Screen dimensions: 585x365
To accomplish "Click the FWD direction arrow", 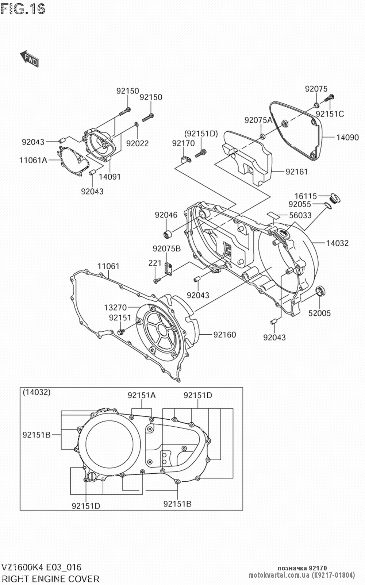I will coord(29,59).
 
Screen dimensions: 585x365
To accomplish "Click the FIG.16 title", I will coord(23,9).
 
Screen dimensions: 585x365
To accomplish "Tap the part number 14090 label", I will coord(347,138).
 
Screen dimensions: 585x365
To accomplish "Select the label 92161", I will coord(296,172).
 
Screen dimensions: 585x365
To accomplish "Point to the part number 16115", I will coord(306,196).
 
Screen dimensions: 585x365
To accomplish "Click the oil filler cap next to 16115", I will coord(335,197).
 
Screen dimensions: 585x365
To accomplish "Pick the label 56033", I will coord(300,215).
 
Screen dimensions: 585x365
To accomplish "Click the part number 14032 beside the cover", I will coord(337,243).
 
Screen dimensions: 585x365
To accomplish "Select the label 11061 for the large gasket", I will coord(108,266).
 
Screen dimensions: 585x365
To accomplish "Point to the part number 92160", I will coord(224,335).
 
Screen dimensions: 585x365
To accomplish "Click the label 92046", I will coord(166,215).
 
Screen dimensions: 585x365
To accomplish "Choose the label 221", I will coord(155,263).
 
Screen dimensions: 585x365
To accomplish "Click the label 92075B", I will coord(167,249).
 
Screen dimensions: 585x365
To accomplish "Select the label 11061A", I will coord(33,160).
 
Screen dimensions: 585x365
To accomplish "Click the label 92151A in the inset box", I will coord(142,395).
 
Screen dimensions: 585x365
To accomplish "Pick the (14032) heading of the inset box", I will coord(36,392).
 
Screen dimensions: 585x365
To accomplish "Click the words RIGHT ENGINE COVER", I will coord(51,579).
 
